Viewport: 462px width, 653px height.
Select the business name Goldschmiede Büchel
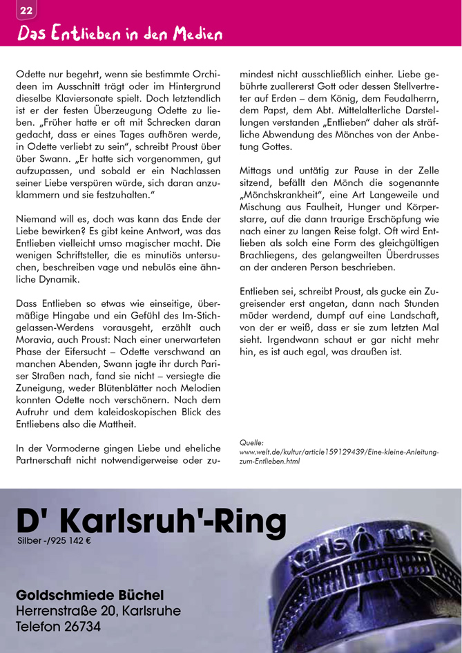pyautogui.click(x=90, y=595)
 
